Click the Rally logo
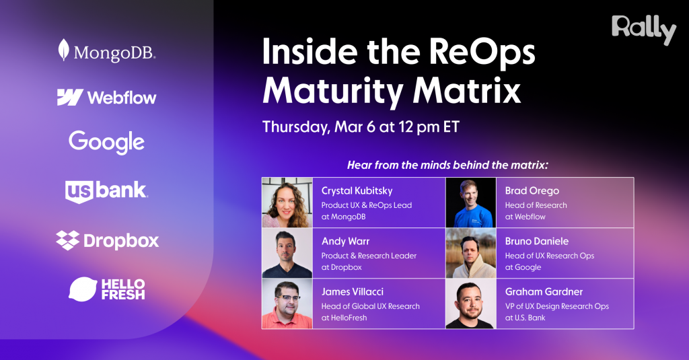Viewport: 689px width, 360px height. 643,30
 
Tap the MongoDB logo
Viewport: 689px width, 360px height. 106,51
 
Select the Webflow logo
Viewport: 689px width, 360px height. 106,98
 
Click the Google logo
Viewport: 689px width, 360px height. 106,142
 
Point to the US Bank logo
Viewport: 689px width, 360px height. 106,191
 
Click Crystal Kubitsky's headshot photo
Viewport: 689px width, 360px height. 287,203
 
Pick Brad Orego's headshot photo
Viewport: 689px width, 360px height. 470,203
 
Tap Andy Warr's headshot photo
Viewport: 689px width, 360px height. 287,253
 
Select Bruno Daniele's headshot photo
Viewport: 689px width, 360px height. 470,253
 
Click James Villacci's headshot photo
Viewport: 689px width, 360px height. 287,303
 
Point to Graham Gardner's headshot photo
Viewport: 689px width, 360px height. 470,303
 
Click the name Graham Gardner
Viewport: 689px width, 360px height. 544,292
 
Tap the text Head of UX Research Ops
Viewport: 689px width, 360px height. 549,256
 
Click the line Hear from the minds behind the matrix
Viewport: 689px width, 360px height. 447,165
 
